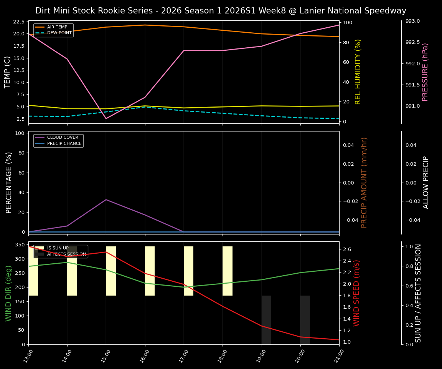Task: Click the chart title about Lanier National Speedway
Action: (x=221, y=11)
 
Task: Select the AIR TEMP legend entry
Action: (x=57, y=27)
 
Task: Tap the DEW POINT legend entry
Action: (x=59, y=33)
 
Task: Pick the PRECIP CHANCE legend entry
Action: (x=64, y=144)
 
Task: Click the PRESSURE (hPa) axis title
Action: (x=425, y=72)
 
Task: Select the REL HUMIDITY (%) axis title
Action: (x=358, y=72)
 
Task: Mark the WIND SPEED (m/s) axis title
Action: (x=357, y=293)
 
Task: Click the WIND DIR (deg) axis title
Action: (x=8, y=293)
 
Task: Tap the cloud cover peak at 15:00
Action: (x=106, y=199)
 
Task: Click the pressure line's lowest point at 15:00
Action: (x=106, y=118)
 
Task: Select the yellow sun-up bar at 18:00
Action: (x=228, y=271)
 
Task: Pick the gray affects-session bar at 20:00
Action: (x=305, y=320)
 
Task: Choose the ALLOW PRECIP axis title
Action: (x=426, y=182)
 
